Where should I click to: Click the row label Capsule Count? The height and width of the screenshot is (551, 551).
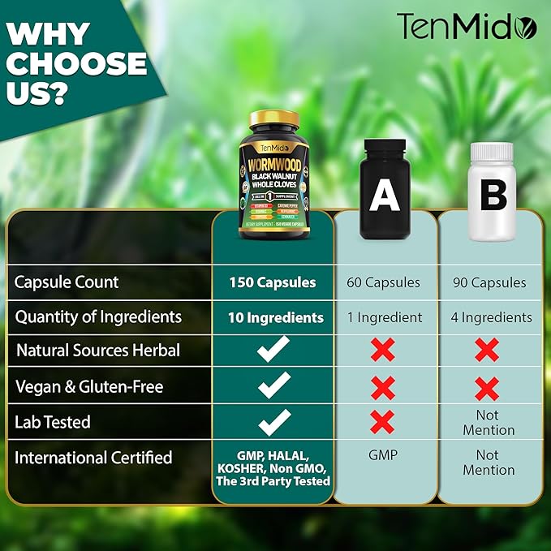[x=67, y=282]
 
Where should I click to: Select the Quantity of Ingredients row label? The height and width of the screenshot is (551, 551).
[x=98, y=316]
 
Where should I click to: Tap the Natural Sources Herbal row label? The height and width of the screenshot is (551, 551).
[x=97, y=351]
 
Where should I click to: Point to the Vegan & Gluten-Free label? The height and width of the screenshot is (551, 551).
[x=89, y=387]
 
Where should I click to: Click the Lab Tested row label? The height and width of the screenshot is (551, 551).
[x=53, y=422]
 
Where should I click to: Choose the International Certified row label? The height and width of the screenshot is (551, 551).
[x=94, y=458]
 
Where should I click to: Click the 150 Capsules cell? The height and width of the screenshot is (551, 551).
[x=272, y=282]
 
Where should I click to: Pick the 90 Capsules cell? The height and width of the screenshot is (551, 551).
[x=489, y=282]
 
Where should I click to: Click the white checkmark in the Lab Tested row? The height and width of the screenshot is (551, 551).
[x=273, y=421]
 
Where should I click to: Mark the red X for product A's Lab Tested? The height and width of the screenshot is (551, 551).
[x=382, y=421]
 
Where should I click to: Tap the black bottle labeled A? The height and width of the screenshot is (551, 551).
[x=384, y=190]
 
